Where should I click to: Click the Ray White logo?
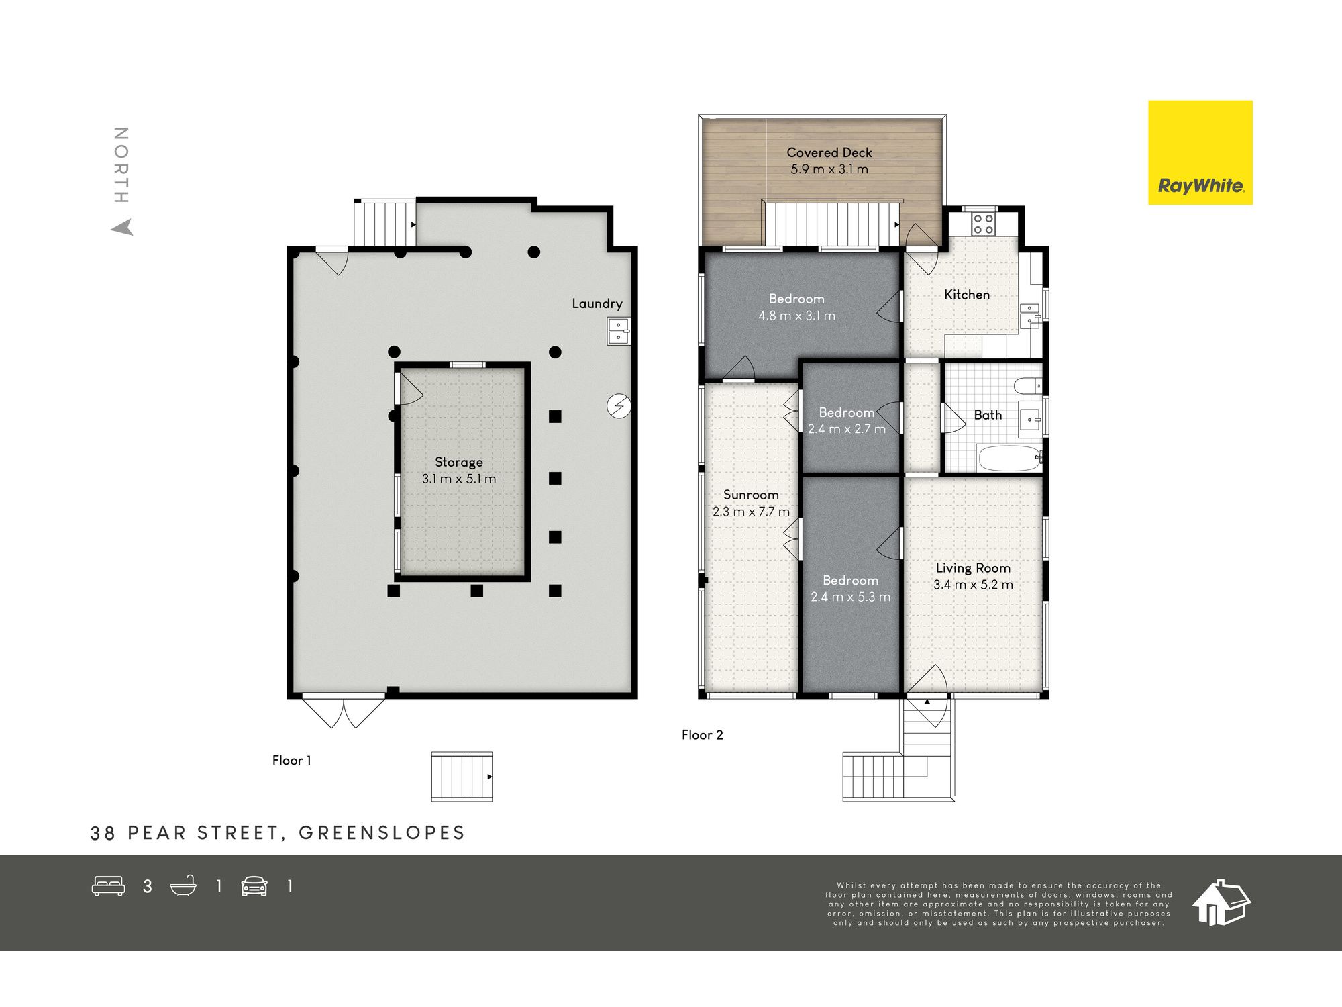tap(1200, 152)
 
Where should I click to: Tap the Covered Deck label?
tap(829, 153)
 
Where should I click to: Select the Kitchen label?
tap(967, 295)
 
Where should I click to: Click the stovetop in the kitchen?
tap(984, 224)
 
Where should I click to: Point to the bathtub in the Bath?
tap(1009, 459)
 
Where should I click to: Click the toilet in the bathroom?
tap(1027, 386)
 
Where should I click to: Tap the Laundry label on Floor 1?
tap(597, 304)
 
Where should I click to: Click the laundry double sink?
tap(619, 331)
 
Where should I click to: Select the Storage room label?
tap(459, 462)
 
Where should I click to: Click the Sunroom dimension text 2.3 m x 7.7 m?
tap(751, 512)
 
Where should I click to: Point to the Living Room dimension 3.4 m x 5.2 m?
tap(973, 585)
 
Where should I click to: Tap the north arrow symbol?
tap(122, 228)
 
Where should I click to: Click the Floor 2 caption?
tap(703, 735)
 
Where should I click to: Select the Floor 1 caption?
tap(292, 761)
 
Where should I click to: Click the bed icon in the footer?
tap(109, 886)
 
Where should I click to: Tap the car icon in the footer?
tap(254, 886)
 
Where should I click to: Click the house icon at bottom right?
tap(1221, 903)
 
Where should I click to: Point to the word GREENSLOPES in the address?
tap(382, 833)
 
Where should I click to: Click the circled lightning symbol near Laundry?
tap(619, 406)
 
